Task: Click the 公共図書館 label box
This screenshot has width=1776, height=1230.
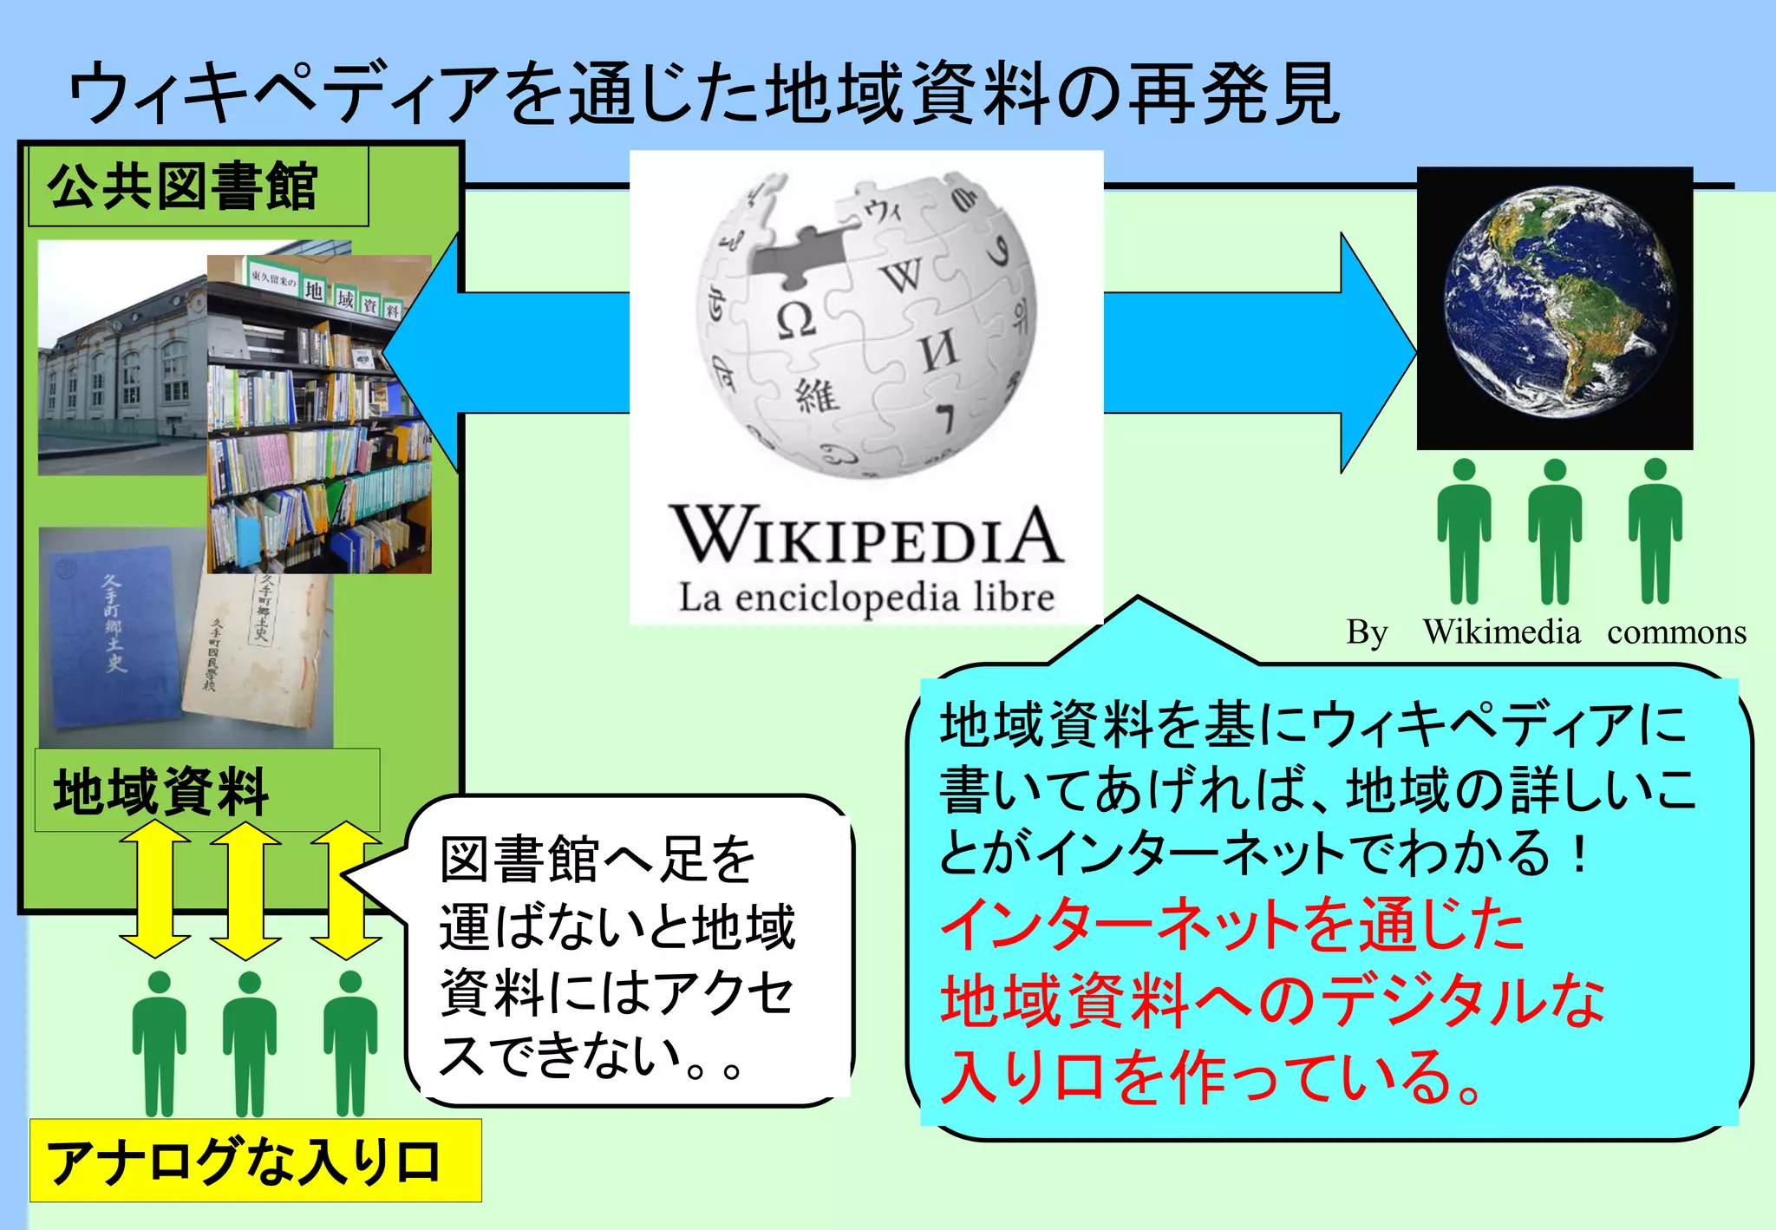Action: tap(198, 186)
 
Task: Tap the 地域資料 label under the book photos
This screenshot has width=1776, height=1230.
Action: tap(206, 790)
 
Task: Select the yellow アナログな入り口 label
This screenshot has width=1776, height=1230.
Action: tap(255, 1161)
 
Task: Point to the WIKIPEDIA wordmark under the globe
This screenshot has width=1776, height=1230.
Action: tap(865, 536)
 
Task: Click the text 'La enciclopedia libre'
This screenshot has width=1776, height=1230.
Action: tap(865, 599)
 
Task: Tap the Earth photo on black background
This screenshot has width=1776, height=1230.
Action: tap(1554, 309)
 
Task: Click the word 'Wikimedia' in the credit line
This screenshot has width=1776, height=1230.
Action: tap(1501, 632)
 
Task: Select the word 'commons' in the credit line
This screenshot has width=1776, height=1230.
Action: tap(1676, 632)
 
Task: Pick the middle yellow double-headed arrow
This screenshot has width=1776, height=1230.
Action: tap(245, 890)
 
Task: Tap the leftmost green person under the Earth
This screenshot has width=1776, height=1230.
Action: tap(1464, 531)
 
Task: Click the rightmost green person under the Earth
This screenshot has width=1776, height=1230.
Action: tap(1655, 531)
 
